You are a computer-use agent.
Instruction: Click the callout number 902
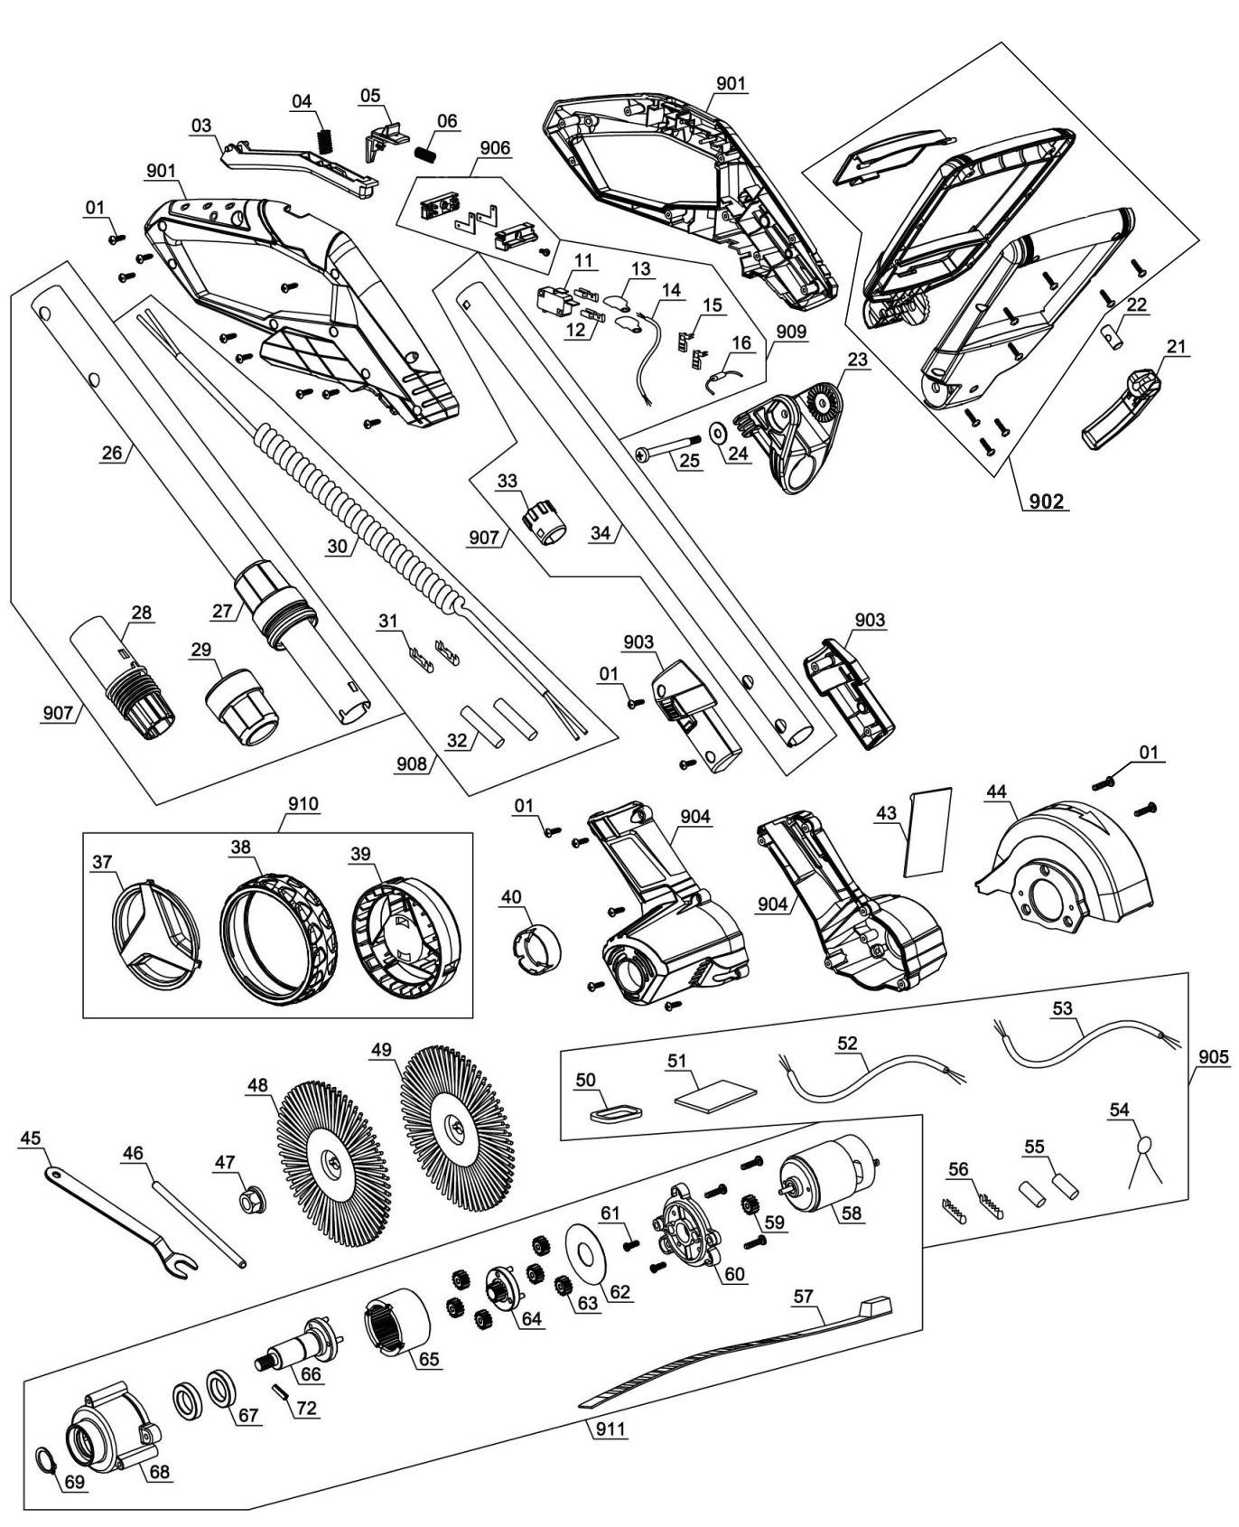pyautogui.click(x=1047, y=500)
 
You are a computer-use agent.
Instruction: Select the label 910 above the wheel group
pyautogui.click(x=303, y=803)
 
